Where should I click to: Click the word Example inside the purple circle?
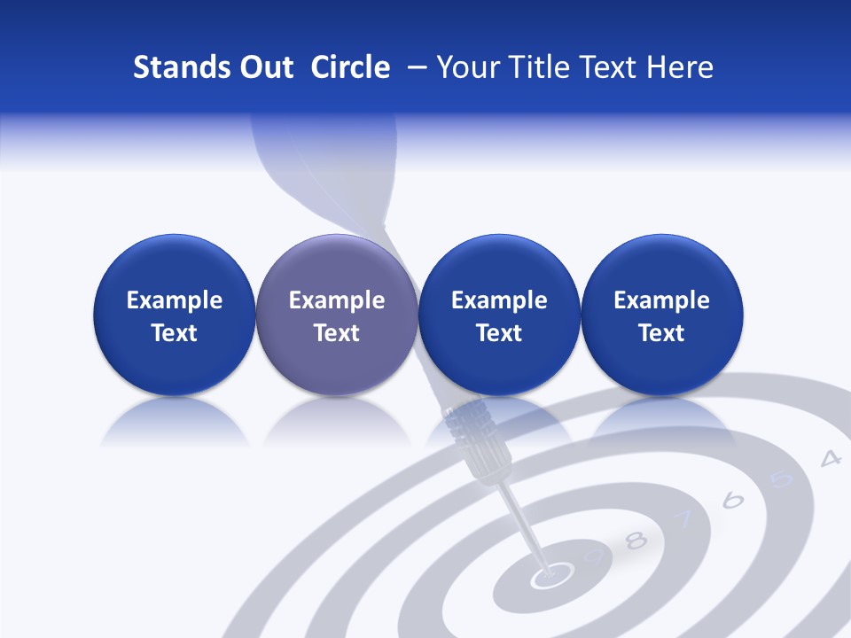pos(337,300)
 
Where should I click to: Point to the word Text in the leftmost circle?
pos(174,333)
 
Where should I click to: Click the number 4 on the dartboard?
pos(830,458)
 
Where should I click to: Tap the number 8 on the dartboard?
pos(636,541)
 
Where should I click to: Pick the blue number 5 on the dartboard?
pos(780,479)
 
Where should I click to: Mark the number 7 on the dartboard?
pos(683,519)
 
